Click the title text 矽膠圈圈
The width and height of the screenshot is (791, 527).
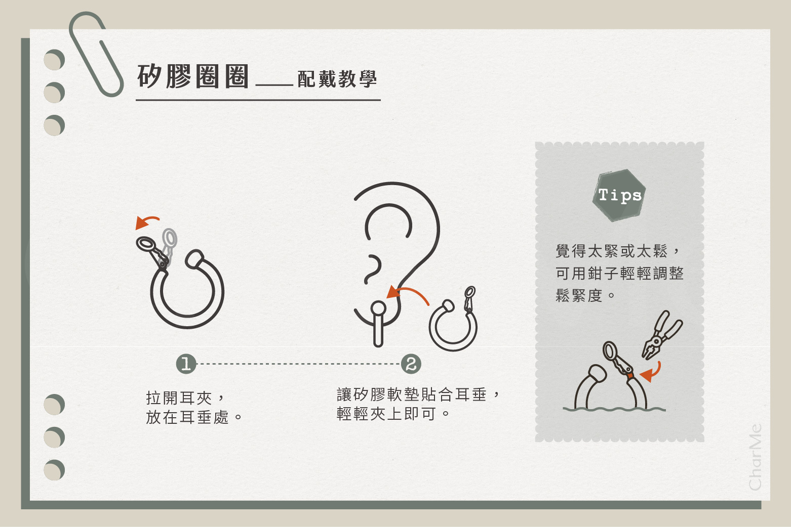point(193,77)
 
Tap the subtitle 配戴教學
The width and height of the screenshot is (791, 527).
point(337,79)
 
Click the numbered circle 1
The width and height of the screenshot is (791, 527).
point(186,364)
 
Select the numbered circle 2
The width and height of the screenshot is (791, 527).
point(411,364)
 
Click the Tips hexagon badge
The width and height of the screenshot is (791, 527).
point(619,195)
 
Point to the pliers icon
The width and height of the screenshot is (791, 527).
point(662,334)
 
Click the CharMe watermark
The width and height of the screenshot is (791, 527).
point(755,457)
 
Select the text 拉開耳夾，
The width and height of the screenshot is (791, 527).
point(184,398)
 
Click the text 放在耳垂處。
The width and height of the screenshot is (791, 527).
point(194,417)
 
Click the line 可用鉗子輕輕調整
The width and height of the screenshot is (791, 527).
point(619,274)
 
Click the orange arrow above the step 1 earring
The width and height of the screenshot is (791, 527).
point(147,222)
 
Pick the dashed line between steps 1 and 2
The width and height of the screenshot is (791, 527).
point(298,364)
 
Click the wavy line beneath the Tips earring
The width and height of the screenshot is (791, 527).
point(614,409)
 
